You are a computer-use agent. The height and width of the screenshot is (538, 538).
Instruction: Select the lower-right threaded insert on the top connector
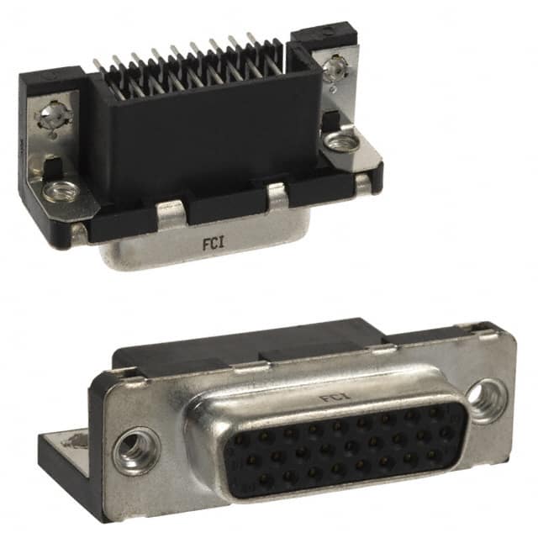click(340, 143)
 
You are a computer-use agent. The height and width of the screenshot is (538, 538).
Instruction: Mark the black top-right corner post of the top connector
click(324, 37)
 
